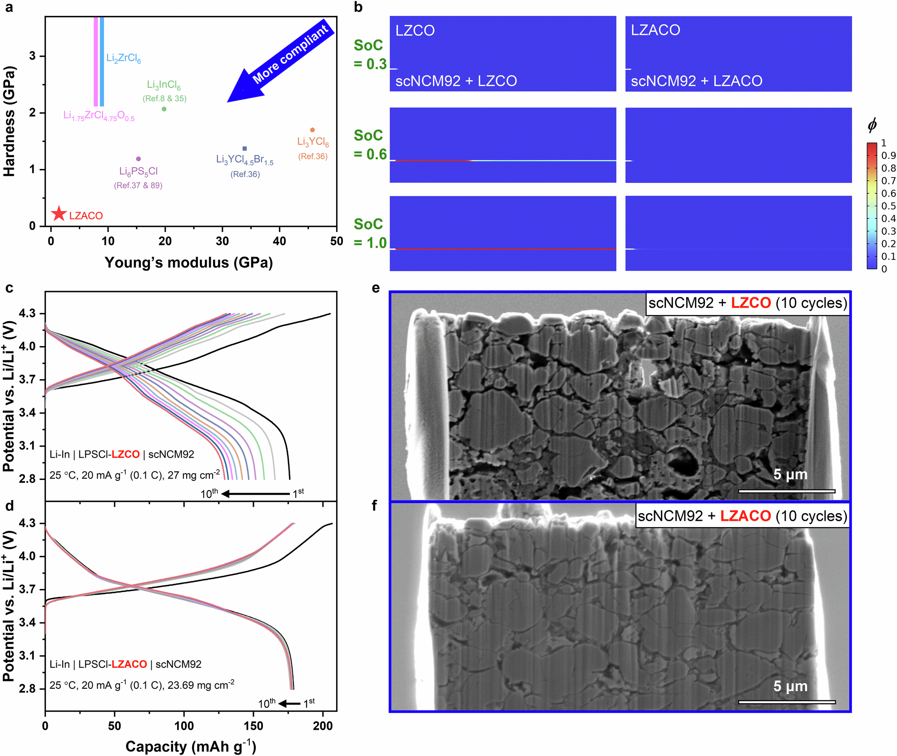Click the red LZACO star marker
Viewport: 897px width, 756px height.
[x=59, y=213]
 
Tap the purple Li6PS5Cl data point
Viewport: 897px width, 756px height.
[x=139, y=159]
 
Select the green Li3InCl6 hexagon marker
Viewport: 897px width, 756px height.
[x=164, y=109]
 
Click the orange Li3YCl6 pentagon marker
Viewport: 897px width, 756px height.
[x=312, y=130]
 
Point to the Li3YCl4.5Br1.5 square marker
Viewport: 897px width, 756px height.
[x=245, y=148]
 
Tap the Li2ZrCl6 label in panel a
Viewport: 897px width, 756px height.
[x=124, y=58]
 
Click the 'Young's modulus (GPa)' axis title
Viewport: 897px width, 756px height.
[x=188, y=262]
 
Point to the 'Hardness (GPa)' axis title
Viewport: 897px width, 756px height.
[x=9, y=121]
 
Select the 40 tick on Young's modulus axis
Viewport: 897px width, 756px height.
[x=279, y=241]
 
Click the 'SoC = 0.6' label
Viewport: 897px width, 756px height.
[x=370, y=144]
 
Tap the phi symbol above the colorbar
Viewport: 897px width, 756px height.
[x=872, y=125]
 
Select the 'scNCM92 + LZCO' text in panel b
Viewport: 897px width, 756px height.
[x=456, y=81]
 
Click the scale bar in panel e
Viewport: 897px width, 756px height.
[x=787, y=491]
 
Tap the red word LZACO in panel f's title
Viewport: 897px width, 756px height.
[x=745, y=516]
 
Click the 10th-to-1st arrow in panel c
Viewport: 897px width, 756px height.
[x=256, y=494]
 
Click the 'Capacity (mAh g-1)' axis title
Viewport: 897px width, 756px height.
[x=191, y=746]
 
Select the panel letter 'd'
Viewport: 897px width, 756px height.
[x=9, y=506]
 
